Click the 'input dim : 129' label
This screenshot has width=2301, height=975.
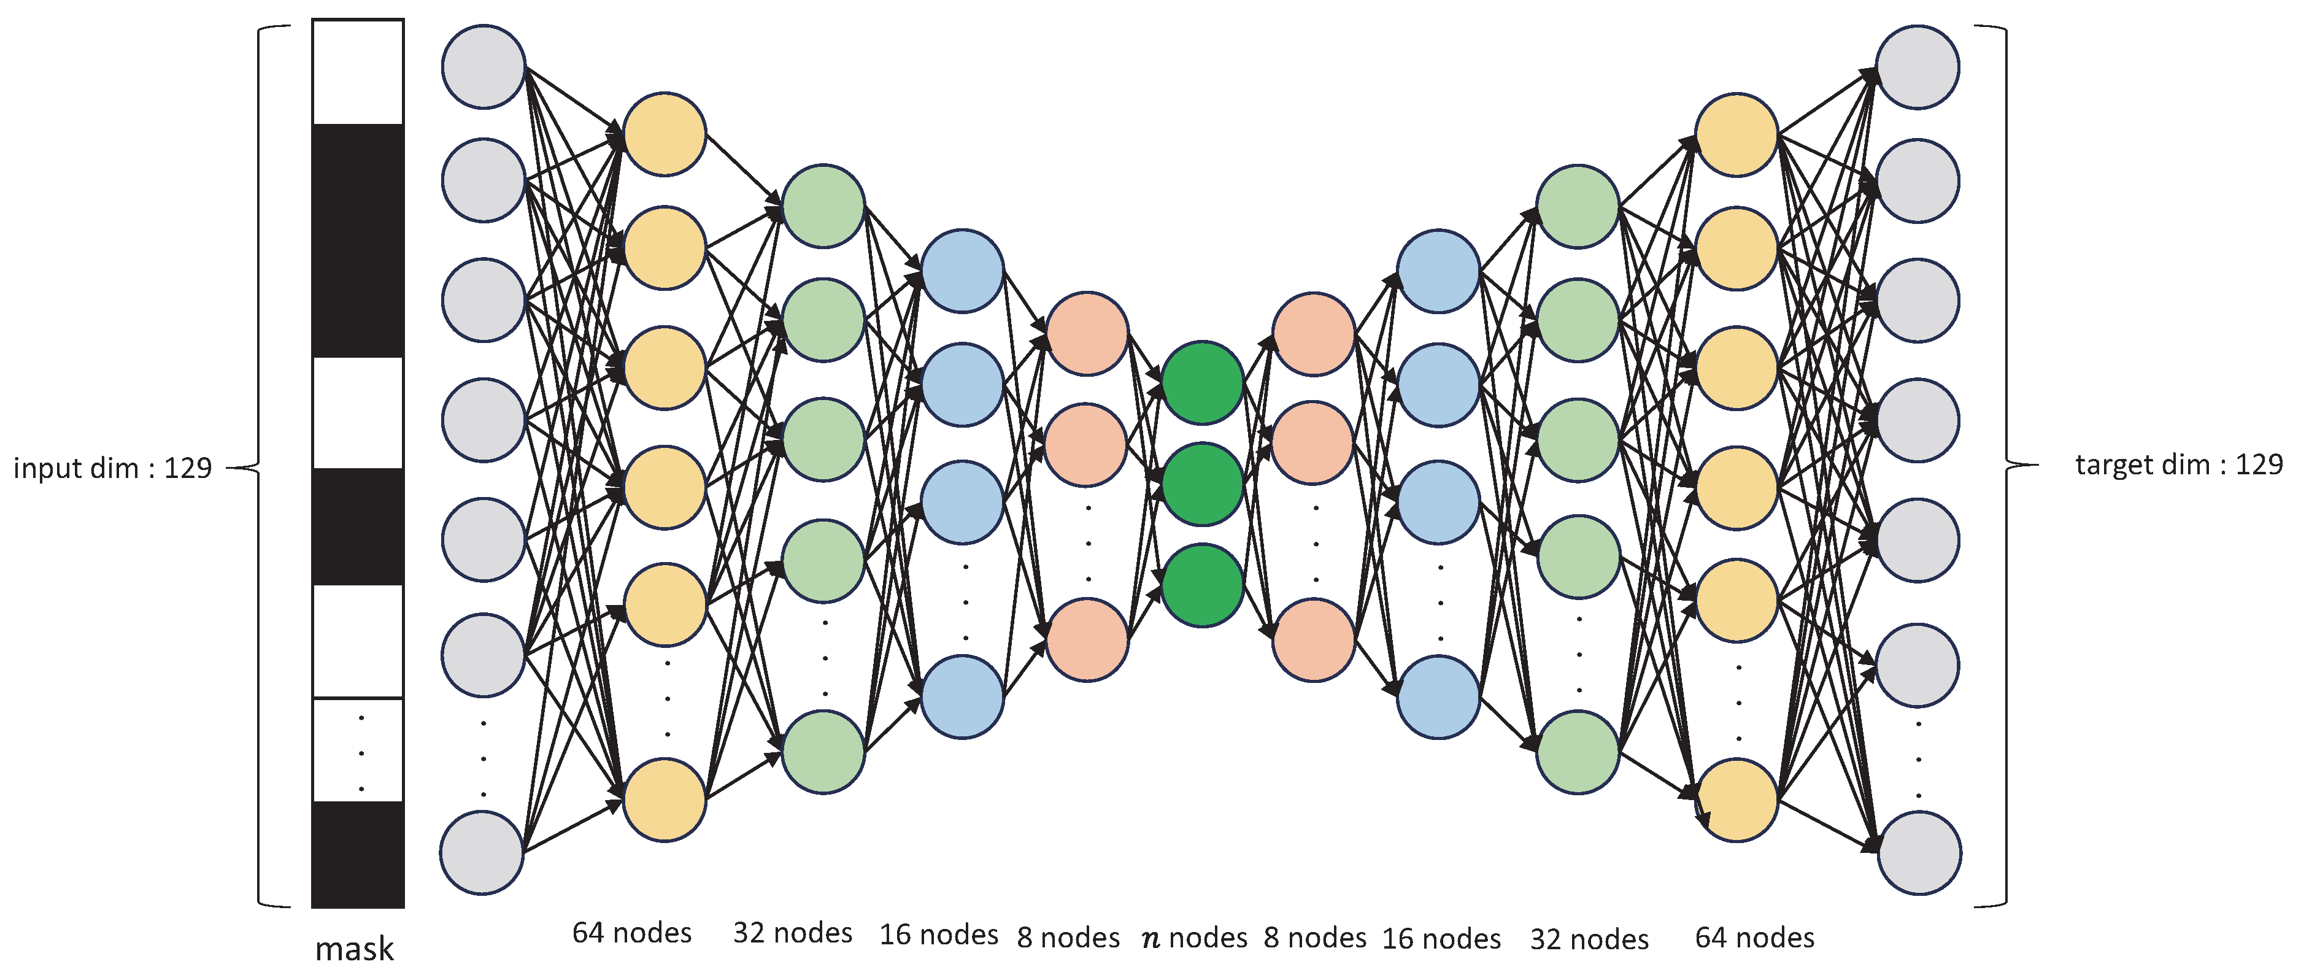pos(112,468)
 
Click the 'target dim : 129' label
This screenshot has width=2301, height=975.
pos(2178,464)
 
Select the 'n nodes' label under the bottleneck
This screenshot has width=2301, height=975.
pos(1194,938)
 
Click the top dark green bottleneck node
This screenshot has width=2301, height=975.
pos(1202,382)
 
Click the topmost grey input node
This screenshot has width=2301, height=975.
pos(484,67)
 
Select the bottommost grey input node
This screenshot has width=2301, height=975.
pos(482,853)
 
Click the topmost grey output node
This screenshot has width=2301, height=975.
pos(1917,67)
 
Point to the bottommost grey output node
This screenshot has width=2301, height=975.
pos(1919,853)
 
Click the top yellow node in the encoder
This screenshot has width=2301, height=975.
pos(665,134)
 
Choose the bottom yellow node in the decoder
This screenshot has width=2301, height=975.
pos(1736,800)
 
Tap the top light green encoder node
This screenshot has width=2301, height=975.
pos(823,206)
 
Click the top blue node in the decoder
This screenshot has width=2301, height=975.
pos(1438,271)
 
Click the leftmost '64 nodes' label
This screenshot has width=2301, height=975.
pos(631,933)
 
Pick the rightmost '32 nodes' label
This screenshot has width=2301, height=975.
pos(1589,939)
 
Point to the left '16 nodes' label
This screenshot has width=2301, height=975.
pos(938,935)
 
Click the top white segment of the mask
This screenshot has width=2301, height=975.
pos(357,71)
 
